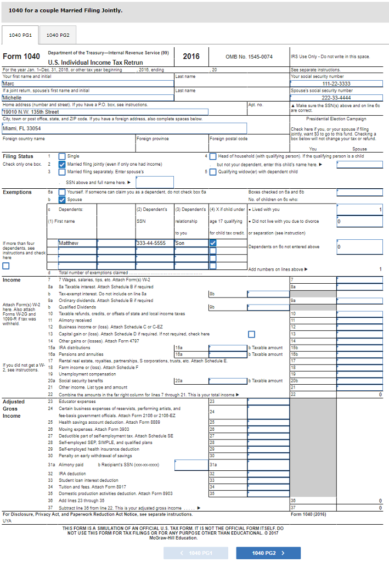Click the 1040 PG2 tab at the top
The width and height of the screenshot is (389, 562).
click(58, 35)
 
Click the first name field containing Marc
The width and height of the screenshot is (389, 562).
click(88, 83)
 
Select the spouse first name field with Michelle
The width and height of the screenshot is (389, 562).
click(88, 97)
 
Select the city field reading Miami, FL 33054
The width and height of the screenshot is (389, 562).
click(124, 128)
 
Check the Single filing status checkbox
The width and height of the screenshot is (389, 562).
click(62, 156)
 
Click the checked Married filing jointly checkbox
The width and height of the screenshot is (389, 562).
click(62, 164)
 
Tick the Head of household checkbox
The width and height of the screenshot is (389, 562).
click(213, 156)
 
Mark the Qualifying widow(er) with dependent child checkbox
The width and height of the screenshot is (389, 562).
click(213, 172)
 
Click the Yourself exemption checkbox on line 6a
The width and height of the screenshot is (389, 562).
click(62, 192)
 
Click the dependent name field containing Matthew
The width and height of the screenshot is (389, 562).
click(96, 243)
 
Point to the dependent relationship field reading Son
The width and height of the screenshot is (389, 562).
click(190, 243)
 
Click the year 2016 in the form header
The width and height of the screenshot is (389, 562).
click(191, 57)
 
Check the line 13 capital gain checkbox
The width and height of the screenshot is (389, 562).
click(251, 334)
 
